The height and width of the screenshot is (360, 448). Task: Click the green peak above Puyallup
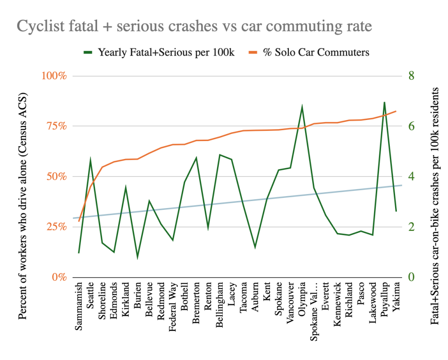click(x=384, y=102)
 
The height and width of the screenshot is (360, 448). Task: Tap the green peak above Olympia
click(x=302, y=106)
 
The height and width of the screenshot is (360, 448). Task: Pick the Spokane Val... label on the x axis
click(x=314, y=307)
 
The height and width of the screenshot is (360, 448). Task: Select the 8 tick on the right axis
click(x=411, y=76)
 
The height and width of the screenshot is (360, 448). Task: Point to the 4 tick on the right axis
click(x=411, y=176)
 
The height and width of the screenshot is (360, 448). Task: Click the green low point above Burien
click(x=137, y=258)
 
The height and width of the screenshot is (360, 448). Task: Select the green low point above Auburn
click(x=255, y=248)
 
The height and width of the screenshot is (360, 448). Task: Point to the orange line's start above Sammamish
click(x=79, y=221)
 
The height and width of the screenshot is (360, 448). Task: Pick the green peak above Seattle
click(x=91, y=159)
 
